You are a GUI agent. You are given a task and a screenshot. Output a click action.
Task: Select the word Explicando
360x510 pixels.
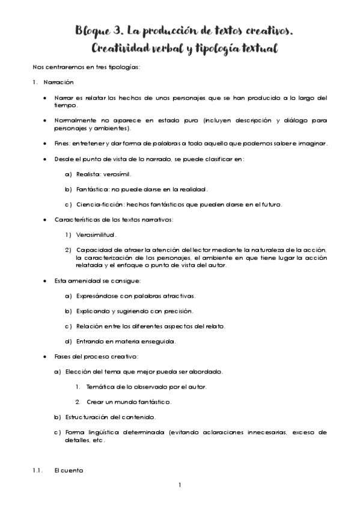[93, 311]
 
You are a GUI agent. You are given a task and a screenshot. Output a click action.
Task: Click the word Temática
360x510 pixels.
[100, 387]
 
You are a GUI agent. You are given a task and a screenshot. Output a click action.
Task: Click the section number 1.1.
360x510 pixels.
[37, 471]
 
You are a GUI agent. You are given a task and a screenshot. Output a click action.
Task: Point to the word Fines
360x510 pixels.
[62, 143]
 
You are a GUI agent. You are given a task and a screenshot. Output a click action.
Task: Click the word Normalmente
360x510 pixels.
[75, 120]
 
